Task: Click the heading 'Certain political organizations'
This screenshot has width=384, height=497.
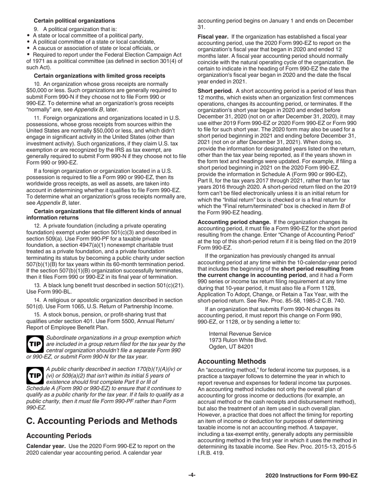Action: [74, 21]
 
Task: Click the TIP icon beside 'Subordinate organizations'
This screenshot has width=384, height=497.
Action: [35, 343]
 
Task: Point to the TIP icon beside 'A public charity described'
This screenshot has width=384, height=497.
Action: [35, 375]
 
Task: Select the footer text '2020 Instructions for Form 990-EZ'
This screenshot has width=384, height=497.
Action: [311, 476]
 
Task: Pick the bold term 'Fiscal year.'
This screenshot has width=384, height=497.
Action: [213, 37]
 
